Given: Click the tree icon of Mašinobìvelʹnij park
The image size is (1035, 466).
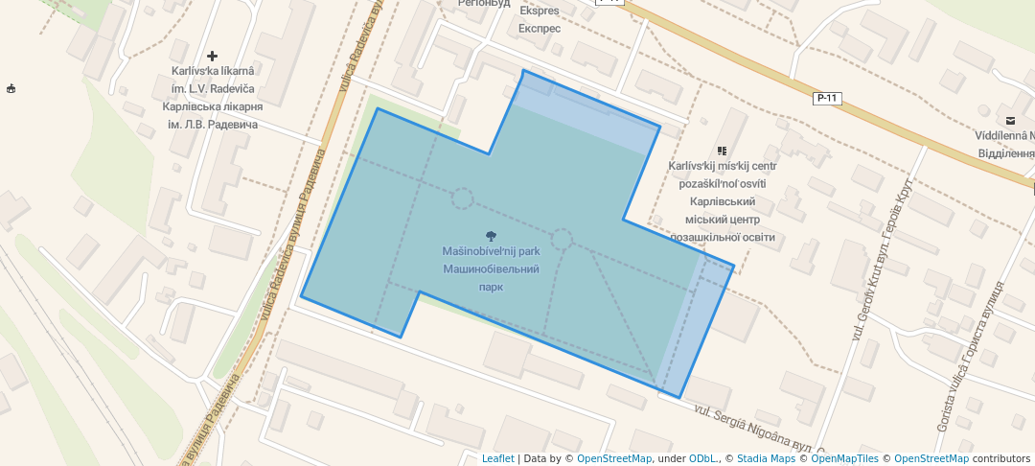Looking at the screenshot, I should tap(492, 236).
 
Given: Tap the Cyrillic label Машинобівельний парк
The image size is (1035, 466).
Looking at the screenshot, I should tap(491, 277).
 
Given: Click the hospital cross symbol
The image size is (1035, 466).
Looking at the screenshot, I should tap(212, 57).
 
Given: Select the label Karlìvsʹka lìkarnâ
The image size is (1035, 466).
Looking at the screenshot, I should tap(213, 71).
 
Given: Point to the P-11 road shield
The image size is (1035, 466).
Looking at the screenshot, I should tap(826, 98).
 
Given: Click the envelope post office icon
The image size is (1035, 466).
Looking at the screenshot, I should tap(1010, 120).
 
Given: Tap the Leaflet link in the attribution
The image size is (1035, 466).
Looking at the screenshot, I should tap(497, 458).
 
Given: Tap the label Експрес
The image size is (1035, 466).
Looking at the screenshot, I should tap(539, 28).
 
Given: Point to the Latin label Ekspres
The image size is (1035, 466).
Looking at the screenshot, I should tap(539, 12).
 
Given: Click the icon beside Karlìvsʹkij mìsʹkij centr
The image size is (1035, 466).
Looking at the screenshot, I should tap(722, 151).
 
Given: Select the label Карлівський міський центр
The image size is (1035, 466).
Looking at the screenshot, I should tap(723, 220).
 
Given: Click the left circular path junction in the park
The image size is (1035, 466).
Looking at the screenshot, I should tap(462, 198).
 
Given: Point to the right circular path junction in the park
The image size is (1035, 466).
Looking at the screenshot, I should tap(562, 239).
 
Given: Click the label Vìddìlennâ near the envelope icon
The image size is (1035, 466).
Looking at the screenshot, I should tap(1004, 137).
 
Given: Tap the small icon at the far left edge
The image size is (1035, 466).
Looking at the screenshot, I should tap(11, 89).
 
